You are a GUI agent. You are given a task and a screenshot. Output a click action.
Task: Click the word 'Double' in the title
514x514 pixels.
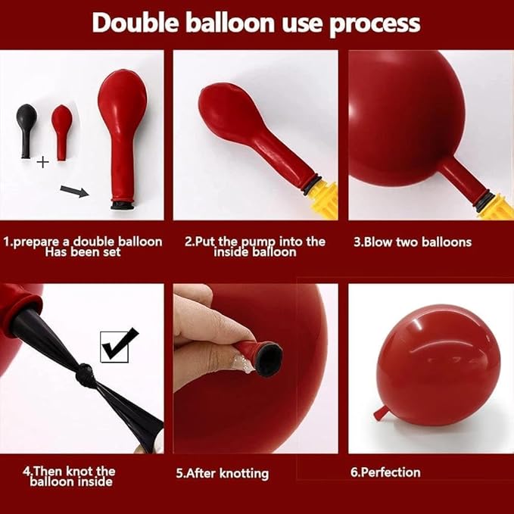[136, 23]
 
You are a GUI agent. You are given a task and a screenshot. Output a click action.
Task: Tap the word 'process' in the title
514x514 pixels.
[375, 25]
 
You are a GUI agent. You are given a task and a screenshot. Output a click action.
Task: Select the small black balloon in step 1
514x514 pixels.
[26, 131]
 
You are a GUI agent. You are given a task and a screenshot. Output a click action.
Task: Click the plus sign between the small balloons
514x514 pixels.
[42, 162]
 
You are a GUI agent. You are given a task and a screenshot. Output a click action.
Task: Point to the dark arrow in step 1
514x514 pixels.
[74, 192]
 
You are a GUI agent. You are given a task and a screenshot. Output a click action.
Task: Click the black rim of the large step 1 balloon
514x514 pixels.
[122, 206]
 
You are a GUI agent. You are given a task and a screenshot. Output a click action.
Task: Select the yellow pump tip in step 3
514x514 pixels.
[497, 207]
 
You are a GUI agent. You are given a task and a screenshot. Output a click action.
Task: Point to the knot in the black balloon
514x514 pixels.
[84, 375]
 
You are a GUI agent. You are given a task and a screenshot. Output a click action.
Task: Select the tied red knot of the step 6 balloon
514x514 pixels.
[380, 413]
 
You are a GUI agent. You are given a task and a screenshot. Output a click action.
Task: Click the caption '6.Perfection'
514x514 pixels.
[385, 472]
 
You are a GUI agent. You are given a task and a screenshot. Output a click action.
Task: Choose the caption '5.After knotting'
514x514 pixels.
[223, 473]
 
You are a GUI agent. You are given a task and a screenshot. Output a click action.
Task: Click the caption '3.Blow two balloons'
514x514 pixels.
[413, 242]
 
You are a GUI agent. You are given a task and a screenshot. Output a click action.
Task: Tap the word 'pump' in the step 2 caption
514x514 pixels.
[259, 242]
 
